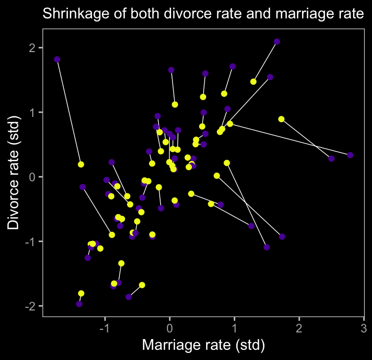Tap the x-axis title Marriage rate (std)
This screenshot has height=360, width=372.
(203, 345)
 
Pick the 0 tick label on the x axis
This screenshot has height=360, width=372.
(170, 327)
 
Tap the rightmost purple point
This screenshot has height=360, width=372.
(350, 155)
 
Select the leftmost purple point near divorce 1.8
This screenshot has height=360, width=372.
(57, 59)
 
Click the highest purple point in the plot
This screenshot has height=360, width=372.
(277, 41)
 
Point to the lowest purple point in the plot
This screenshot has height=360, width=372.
(79, 304)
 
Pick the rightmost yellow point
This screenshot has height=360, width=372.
(281, 119)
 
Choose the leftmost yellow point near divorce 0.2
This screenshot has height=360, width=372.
(81, 164)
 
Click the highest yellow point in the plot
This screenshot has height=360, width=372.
(254, 82)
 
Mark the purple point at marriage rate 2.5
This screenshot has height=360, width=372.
(331, 159)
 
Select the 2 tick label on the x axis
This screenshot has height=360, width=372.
(299, 327)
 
